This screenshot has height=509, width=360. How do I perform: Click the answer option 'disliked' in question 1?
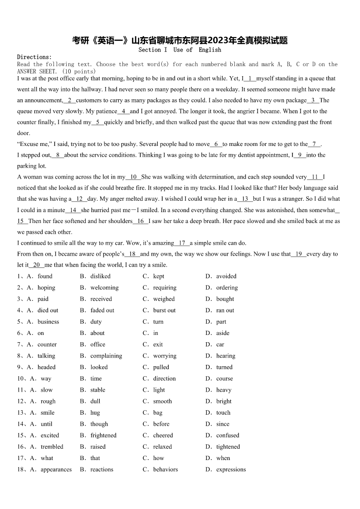click(x=100, y=276)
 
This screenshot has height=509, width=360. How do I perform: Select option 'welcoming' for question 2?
click(x=104, y=287)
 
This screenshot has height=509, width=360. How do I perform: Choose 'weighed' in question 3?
click(x=164, y=299)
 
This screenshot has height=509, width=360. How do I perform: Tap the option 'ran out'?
click(x=225, y=310)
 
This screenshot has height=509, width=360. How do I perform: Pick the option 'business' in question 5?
click(x=48, y=322)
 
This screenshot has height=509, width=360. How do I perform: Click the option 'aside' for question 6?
click(x=223, y=333)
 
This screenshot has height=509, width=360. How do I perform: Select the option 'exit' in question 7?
click(x=158, y=344)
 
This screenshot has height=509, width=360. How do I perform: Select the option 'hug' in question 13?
click(x=95, y=412)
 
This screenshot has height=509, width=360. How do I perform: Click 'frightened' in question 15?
click(x=103, y=435)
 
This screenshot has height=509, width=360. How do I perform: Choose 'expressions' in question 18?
click(x=231, y=469)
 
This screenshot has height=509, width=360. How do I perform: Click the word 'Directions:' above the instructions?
click(x=34, y=57)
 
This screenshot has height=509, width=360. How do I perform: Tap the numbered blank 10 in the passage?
click(x=133, y=177)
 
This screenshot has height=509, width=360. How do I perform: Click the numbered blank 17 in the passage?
click(x=182, y=243)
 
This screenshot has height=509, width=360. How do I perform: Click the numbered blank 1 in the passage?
click(x=250, y=78)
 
